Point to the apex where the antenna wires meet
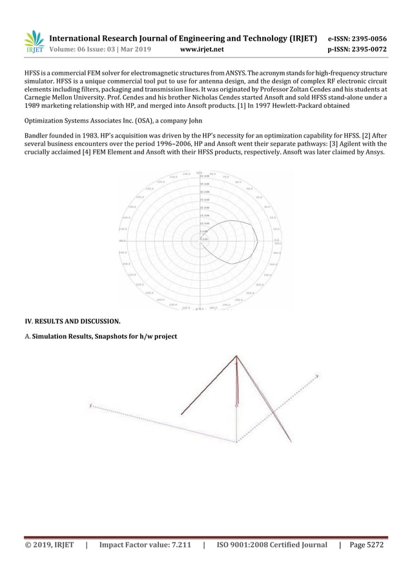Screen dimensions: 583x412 tap(237, 355)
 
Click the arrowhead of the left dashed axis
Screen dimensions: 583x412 tap(91, 406)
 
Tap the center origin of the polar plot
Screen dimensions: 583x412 tap(201, 238)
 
